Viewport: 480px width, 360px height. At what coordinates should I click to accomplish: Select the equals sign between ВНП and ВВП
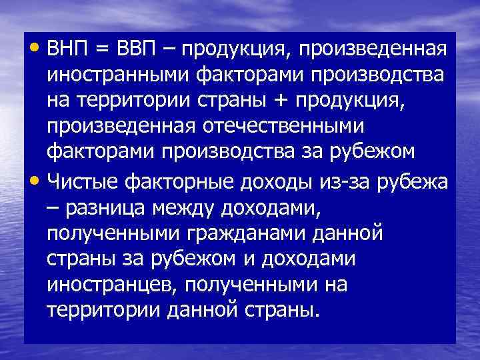(102, 51)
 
